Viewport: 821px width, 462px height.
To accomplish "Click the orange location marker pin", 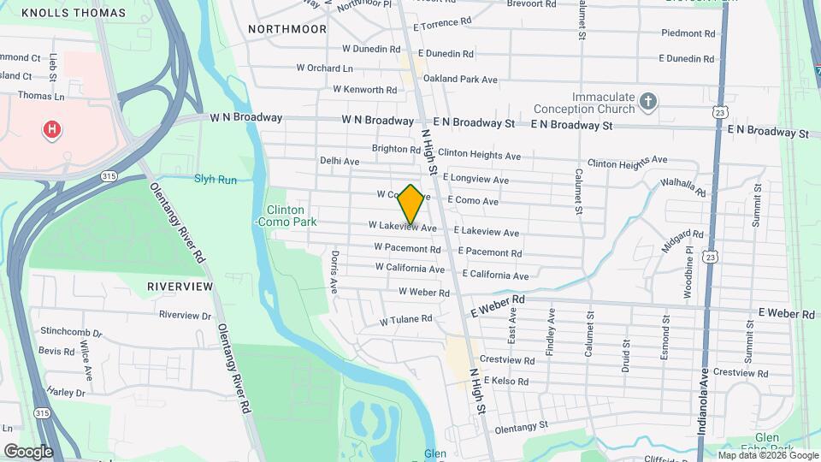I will [411, 204].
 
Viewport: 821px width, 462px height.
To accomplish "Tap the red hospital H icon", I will [51, 130].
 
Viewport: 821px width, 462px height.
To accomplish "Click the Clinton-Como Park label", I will [286, 216].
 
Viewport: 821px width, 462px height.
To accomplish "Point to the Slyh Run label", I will [215, 179].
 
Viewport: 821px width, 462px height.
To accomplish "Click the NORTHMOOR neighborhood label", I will [287, 29].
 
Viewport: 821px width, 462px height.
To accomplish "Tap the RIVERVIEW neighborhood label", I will [180, 286].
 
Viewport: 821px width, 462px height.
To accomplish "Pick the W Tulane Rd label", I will [406, 319].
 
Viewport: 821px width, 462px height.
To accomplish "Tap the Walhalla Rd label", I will [683, 187].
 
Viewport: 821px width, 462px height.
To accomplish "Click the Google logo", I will [28, 451].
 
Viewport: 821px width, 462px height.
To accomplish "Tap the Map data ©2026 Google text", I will [765, 455].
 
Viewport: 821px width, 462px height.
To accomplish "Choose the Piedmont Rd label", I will [688, 33].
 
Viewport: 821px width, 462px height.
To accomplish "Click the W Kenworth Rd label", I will [365, 89].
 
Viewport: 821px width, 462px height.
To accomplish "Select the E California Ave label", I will [495, 275].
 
